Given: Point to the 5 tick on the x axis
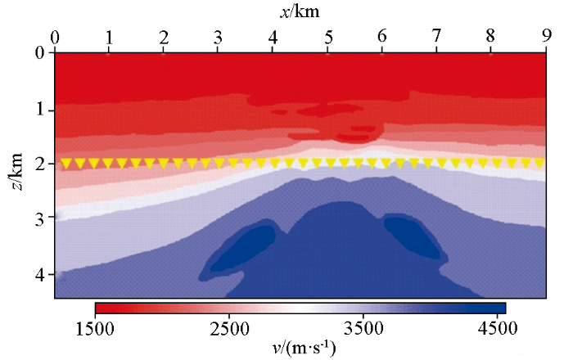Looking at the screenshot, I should pyautogui.click(x=327, y=38).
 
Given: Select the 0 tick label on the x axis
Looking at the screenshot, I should pyautogui.click(x=55, y=38).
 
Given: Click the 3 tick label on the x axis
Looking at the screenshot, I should pyautogui.click(x=218, y=38).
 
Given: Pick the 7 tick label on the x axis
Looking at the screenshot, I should pyautogui.click(x=436, y=38).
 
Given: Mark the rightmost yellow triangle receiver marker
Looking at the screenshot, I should pyautogui.click(x=539, y=163).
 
